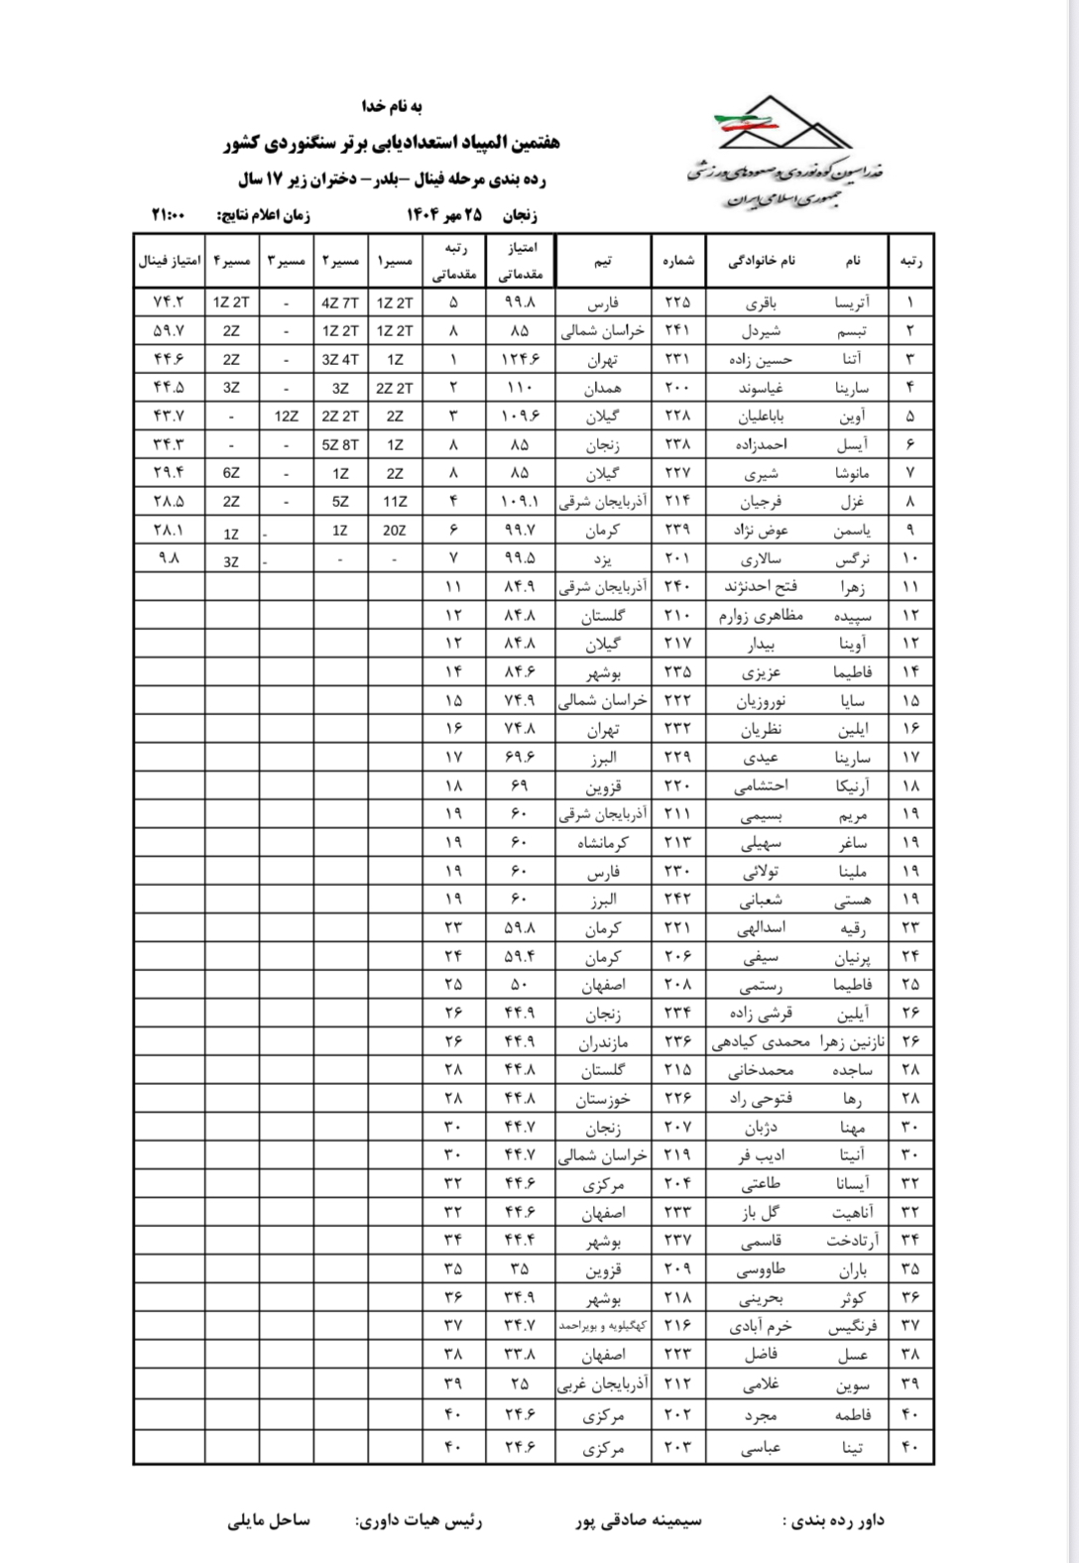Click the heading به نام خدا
pyautogui.click(x=392, y=106)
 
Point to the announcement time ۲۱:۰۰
pyautogui.click(x=169, y=214)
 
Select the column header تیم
pyautogui.click(x=603, y=261)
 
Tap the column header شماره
pyautogui.click(x=678, y=261)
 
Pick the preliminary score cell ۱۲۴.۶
pyautogui.click(x=520, y=359)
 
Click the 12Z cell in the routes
pyautogui.click(x=287, y=417)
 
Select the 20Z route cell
pyautogui.click(x=394, y=531)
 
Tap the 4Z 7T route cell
pyautogui.click(x=340, y=302)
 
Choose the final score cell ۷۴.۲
pyautogui.click(x=169, y=302)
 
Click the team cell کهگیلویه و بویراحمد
pyautogui.click(x=603, y=1326)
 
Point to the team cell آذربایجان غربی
pyautogui.click(x=603, y=1383)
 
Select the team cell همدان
pyautogui.click(x=603, y=388)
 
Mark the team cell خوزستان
pyautogui.click(x=603, y=1099)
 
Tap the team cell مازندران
pyautogui.click(x=603, y=1042)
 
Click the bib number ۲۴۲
pyautogui.click(x=678, y=900)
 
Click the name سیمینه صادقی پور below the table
pyautogui.click(x=639, y=1520)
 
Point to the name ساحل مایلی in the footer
pyautogui.click(x=269, y=1520)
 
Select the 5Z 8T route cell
pyautogui.click(x=340, y=445)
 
